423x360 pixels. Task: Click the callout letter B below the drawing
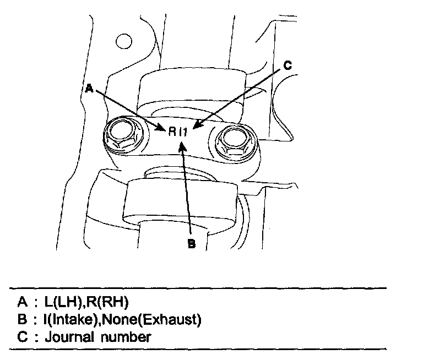pos(192,244)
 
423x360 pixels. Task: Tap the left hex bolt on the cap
pos(120,134)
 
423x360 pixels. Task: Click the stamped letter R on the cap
pos(172,132)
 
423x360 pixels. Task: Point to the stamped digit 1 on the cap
pos(187,132)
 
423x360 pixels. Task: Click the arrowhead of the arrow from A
pos(164,130)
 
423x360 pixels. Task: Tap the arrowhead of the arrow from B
pos(183,142)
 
